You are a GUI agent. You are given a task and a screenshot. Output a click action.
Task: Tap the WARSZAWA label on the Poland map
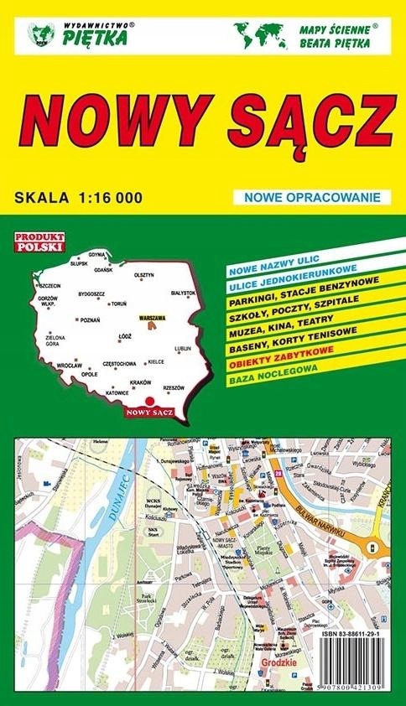(x=152, y=319)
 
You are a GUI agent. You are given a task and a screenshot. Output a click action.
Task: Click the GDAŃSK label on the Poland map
(x=104, y=270)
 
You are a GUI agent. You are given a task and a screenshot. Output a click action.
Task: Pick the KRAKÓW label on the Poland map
(x=140, y=382)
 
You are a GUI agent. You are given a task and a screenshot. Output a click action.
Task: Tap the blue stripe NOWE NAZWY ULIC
(x=268, y=271)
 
